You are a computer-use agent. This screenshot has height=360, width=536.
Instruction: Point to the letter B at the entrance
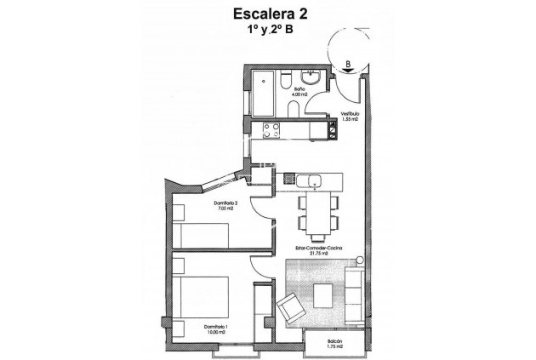point(348,62)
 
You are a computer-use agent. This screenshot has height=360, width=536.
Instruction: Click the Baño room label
point(300,89)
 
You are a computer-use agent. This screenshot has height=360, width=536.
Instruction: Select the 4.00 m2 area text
point(300,94)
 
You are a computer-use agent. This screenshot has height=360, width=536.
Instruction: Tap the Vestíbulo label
point(351,113)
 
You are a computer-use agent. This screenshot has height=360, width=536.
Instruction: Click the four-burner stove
point(273,131)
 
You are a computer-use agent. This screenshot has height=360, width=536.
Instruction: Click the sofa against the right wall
point(355,294)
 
